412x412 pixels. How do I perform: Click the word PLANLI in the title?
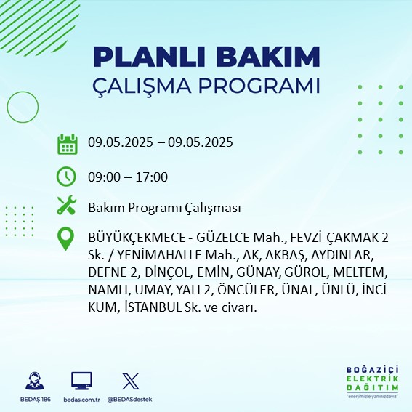[x=149, y=57]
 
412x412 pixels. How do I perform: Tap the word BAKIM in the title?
[x=267, y=57]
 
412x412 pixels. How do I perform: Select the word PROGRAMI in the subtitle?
[x=259, y=86]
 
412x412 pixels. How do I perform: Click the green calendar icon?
[x=68, y=144]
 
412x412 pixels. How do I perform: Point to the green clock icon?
[x=66, y=177]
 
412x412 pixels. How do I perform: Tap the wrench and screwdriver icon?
[x=66, y=205]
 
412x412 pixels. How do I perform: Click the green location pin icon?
[x=65, y=238]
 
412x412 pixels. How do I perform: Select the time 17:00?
[x=152, y=177]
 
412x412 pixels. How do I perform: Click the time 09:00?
[x=104, y=177]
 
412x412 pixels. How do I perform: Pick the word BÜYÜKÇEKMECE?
[x=137, y=238]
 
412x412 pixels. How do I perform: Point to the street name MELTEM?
[x=360, y=272]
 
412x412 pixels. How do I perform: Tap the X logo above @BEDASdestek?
[x=131, y=381]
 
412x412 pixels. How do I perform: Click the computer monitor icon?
[x=81, y=381]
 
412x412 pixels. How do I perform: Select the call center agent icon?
[x=35, y=381]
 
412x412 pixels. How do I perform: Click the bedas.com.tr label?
[x=81, y=400]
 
